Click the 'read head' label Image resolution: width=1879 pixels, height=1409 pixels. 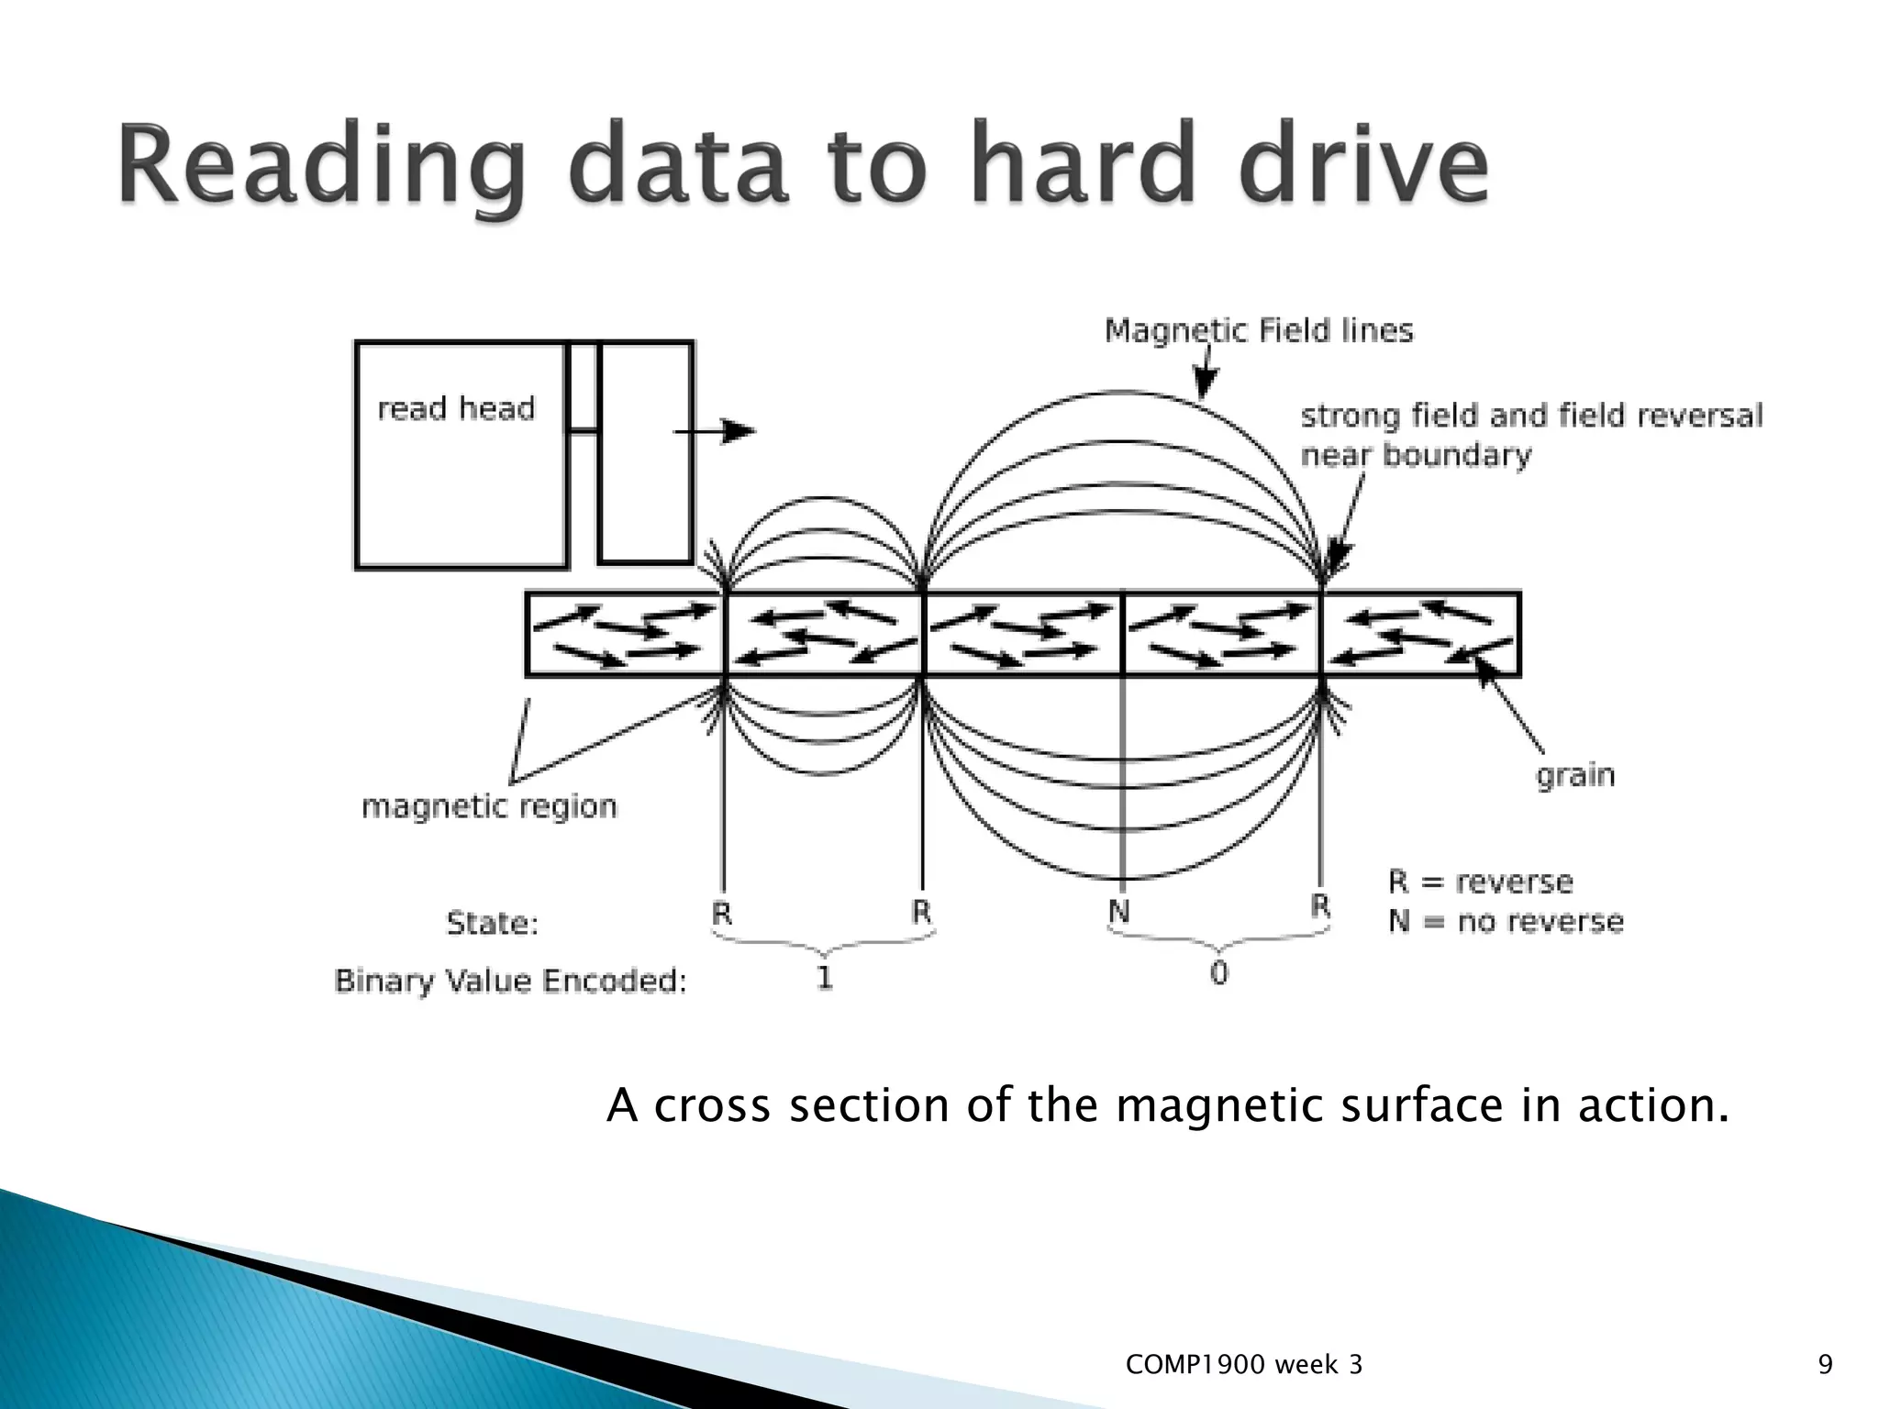[455, 408]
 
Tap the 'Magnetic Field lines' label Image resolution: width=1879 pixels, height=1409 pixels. [1258, 330]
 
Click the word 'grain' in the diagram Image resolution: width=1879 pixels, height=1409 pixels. [1574, 776]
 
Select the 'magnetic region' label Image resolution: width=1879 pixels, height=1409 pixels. [489, 807]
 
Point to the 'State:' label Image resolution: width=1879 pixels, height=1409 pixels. [492, 922]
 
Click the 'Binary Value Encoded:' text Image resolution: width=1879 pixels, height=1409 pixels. [510, 982]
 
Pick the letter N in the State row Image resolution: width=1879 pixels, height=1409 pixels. [1118, 912]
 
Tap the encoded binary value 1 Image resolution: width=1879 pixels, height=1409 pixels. [824, 978]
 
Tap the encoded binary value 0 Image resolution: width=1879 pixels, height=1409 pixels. [1218, 973]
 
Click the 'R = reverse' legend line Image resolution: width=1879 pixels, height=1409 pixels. [1480, 882]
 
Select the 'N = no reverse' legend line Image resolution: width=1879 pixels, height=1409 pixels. [1506, 921]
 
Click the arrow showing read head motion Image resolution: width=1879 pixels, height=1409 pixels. [716, 431]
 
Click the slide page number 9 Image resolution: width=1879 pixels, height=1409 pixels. [1825, 1366]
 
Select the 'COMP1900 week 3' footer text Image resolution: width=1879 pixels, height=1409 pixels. [1243, 1366]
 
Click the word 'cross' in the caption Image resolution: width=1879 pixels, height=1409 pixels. [712, 1105]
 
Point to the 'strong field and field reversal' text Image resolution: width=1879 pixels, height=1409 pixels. [1531, 416]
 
